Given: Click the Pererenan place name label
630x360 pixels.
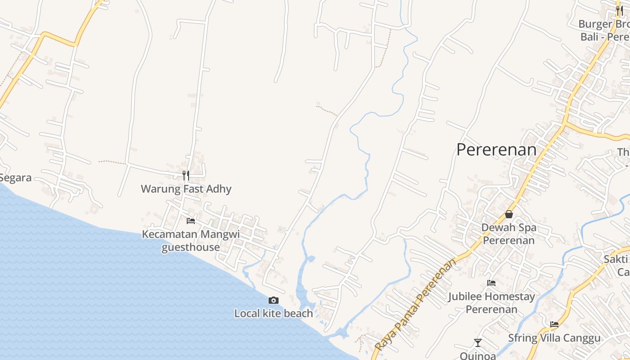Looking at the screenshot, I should coord(496,150).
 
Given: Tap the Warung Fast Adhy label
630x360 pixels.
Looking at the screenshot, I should coord(186,189).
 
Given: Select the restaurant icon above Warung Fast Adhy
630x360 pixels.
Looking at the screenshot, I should coord(186,175).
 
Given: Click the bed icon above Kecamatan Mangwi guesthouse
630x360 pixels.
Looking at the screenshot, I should coord(191,220).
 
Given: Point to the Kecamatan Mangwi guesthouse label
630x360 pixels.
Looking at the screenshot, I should coord(191,241).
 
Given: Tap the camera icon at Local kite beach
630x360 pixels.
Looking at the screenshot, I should coord(273,300).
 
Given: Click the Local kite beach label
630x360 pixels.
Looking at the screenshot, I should coord(273,314).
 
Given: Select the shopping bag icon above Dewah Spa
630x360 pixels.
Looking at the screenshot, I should coord(509,214).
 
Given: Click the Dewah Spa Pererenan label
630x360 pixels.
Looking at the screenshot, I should coord(509,234).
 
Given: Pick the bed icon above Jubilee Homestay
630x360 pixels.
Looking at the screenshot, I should coord(491,283).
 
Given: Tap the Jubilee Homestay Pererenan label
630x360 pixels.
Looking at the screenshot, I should coord(491,303).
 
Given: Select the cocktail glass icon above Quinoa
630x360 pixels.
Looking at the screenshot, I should coord(478,343).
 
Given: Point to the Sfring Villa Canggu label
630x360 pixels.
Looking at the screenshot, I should coord(554,338).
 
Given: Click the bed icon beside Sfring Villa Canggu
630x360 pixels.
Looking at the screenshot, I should coord(554,324).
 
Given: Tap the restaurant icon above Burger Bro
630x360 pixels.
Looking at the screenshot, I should coord(620,10).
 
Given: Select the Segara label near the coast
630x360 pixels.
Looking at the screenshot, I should coord(16,178).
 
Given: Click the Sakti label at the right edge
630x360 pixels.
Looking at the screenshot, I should coord(616,259).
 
